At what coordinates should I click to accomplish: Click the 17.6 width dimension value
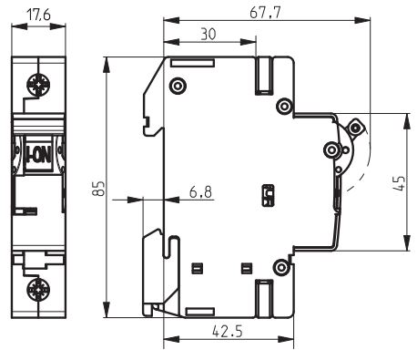coord(38,15)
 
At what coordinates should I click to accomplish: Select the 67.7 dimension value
coord(265,13)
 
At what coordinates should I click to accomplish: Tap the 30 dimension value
coord(208,34)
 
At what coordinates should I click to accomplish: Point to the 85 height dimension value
coord(98,189)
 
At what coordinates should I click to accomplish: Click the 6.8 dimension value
coord(200,192)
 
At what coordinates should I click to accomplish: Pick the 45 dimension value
coord(400,183)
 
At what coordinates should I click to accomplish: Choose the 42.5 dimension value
coord(228,331)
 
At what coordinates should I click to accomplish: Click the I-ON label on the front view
coord(38,154)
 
